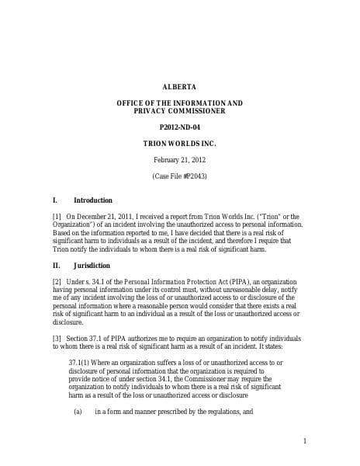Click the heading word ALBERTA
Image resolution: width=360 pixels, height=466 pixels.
pyautogui.click(x=179, y=86)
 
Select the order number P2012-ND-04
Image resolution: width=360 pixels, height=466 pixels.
pyautogui.click(x=179, y=127)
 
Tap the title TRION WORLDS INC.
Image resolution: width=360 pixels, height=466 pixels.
pyautogui.click(x=179, y=144)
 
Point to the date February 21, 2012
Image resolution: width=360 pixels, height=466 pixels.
pyautogui.click(x=179, y=160)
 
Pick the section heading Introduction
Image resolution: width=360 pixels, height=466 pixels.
pyautogui.click(x=92, y=200)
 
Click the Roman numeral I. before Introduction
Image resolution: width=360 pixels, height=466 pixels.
pyautogui.click(x=54, y=200)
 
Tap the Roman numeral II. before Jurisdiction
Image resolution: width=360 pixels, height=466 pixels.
pyautogui.click(x=56, y=266)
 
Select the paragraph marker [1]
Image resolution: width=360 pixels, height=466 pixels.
pyautogui.click(x=57, y=217)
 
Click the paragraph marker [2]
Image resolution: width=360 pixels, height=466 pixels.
pyautogui.click(x=57, y=281)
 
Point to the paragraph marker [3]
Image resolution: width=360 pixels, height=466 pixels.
pyautogui.click(x=57, y=338)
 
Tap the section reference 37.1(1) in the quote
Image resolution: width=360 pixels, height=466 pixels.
pyautogui.click(x=81, y=363)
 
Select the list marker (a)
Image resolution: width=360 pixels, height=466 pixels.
pyautogui.click(x=78, y=411)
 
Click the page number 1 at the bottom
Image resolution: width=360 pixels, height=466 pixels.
pyautogui.click(x=305, y=441)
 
